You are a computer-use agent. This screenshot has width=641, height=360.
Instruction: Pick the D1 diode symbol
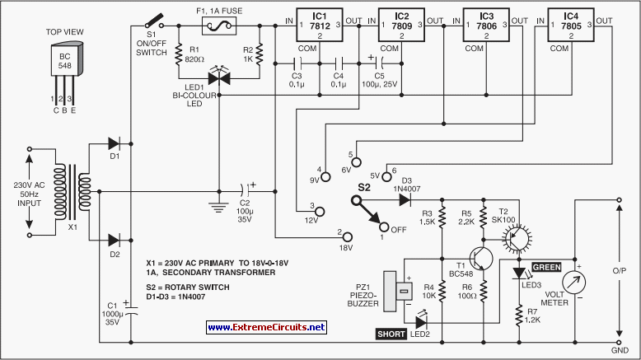(x=115, y=143)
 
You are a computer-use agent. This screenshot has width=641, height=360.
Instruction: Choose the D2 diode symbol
(x=115, y=240)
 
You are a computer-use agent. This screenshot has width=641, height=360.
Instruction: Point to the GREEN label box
(x=546, y=267)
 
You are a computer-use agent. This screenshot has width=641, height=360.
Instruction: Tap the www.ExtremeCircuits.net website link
(x=266, y=327)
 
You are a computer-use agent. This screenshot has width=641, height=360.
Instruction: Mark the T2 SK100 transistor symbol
(x=514, y=236)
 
